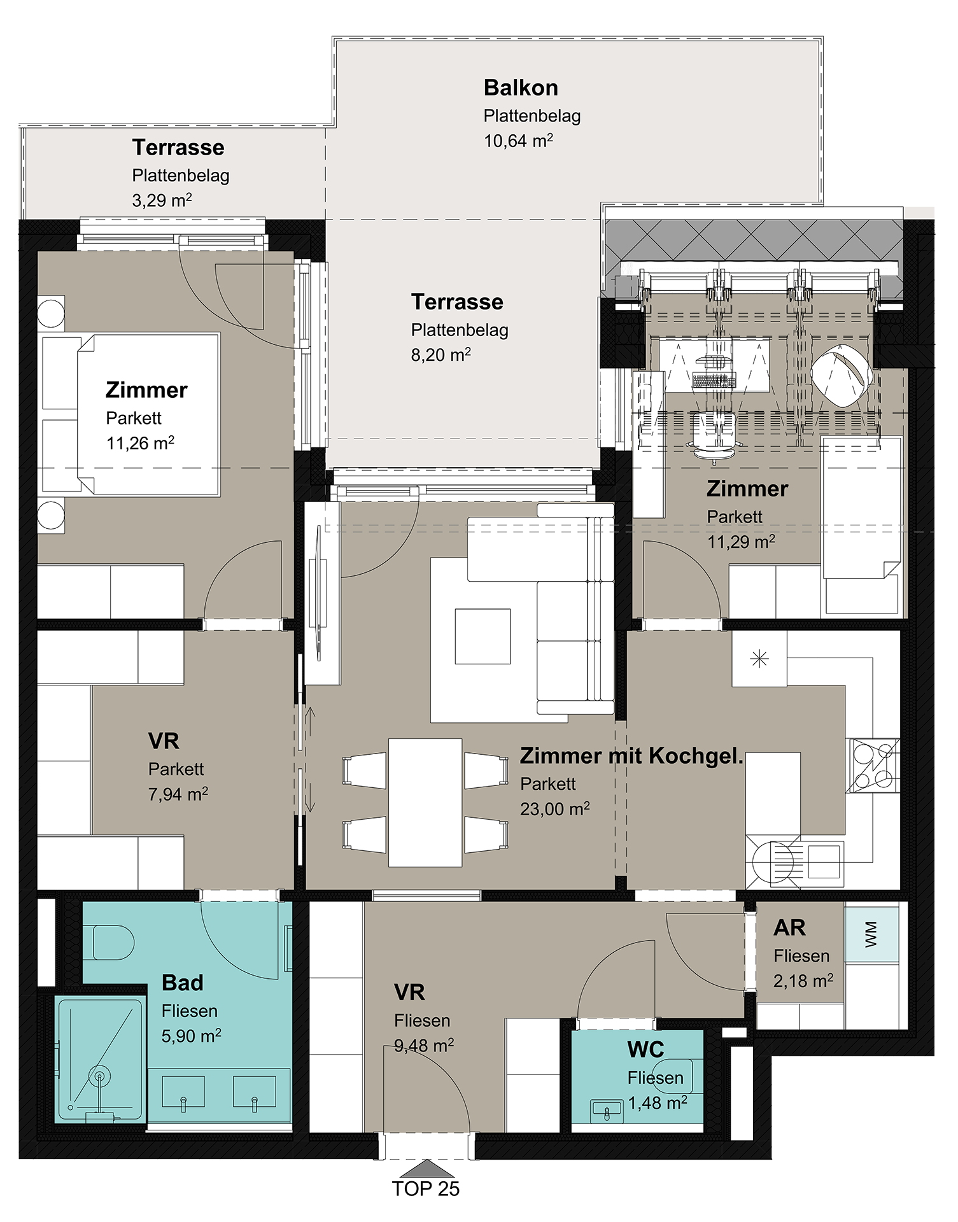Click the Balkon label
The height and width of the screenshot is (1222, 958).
[521, 87]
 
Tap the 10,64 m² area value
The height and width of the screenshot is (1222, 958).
[518, 141]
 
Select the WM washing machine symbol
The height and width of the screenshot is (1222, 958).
[871, 934]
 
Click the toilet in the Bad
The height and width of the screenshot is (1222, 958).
[113, 943]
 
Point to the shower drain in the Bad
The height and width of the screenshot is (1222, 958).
[99, 1076]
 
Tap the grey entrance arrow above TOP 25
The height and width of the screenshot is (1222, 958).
[426, 1168]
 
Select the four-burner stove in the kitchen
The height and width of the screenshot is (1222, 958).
[873, 766]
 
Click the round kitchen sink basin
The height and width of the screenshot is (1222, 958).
[773, 862]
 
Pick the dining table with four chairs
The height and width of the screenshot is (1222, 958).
[425, 803]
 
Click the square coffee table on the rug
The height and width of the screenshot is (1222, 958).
[483, 636]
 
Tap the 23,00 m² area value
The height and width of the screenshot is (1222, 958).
[554, 810]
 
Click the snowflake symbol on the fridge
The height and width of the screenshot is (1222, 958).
[759, 659]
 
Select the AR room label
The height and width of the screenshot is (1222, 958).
[789, 928]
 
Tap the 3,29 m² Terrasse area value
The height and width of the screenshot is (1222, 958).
[162, 200]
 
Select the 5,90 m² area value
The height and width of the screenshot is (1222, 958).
[191, 1036]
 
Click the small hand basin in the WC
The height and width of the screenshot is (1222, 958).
[607, 1111]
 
